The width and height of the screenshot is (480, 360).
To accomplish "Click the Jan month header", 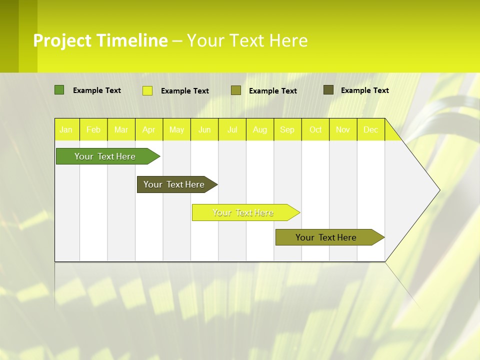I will (66, 129).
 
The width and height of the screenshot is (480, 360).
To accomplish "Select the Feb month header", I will (93, 129).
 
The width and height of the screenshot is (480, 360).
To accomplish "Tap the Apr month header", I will (148, 129).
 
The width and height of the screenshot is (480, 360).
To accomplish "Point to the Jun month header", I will (204, 129).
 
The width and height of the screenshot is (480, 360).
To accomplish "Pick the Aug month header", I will (259, 129).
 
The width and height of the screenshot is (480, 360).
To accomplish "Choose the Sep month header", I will (287, 129).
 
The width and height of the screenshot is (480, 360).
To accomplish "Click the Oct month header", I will (315, 129).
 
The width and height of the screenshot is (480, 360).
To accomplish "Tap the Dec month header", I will (370, 129).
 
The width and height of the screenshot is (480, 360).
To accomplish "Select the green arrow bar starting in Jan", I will (105, 156).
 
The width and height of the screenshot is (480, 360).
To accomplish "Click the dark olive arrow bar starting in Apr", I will (174, 184).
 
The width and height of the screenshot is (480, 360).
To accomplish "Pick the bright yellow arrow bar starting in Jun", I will (243, 212).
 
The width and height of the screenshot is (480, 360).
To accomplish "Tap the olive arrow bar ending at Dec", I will (326, 237).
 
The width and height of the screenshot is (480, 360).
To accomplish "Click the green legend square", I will (59, 90).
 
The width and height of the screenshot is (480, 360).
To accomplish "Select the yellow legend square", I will (147, 90).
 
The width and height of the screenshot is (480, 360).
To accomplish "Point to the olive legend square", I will (236, 90).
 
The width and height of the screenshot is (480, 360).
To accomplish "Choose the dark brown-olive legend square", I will (328, 90).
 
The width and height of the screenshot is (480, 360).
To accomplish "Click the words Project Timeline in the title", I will (100, 40).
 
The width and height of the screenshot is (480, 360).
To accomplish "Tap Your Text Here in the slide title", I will (247, 40).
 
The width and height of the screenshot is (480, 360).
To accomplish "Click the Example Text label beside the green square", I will (97, 90).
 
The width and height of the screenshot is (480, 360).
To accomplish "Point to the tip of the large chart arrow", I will (438, 189).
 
